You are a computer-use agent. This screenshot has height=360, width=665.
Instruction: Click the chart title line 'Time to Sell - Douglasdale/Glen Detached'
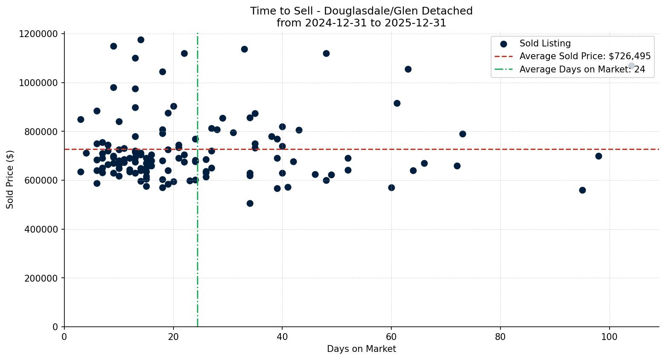(x=361, y=11)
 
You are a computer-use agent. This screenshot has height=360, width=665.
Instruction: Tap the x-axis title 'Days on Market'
(x=361, y=349)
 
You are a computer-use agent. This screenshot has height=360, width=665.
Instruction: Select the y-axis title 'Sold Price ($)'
(x=10, y=180)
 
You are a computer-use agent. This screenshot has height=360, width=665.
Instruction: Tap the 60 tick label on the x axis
(x=391, y=337)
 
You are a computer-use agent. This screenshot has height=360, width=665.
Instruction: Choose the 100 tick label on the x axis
(x=609, y=337)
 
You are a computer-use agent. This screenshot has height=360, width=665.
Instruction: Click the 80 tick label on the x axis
(x=500, y=337)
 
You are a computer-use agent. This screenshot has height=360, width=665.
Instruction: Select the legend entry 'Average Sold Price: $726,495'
(x=585, y=56)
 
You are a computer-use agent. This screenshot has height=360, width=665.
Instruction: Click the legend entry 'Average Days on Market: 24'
(x=582, y=69)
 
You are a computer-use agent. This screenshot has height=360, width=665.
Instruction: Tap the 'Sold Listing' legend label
(x=545, y=43)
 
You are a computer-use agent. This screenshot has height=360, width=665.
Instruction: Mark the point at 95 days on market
(x=582, y=190)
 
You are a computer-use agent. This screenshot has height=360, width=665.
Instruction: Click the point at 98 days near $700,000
(x=598, y=156)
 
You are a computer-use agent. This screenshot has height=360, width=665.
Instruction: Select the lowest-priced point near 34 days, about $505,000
(x=250, y=203)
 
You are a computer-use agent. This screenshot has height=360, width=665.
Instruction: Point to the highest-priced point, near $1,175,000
(x=141, y=40)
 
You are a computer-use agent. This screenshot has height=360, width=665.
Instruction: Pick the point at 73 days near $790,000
(x=463, y=134)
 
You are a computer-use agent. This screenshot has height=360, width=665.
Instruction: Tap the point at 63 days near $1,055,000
(x=408, y=69)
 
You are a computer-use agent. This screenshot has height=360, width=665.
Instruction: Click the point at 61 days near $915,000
(x=397, y=103)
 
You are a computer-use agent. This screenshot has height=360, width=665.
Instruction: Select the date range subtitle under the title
(x=361, y=23)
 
